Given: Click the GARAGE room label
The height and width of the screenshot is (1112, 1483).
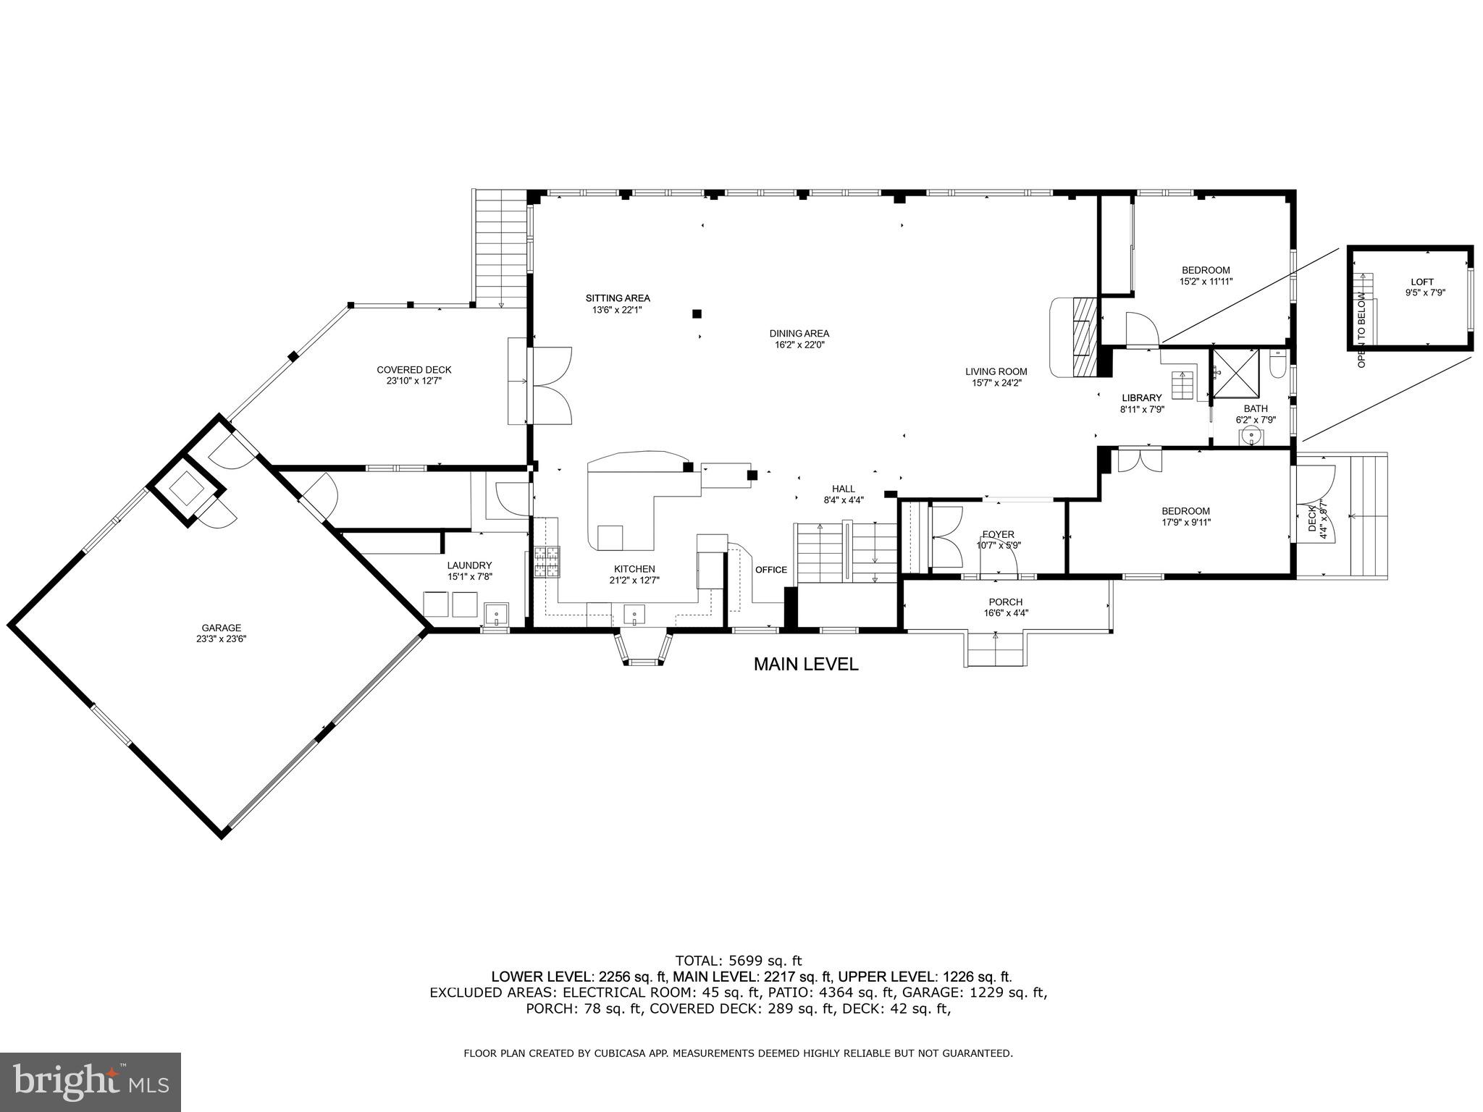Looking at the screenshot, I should click(x=221, y=628).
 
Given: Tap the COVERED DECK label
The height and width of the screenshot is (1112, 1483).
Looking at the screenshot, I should click(x=413, y=370).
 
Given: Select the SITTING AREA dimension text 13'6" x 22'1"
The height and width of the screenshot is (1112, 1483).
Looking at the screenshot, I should click(x=617, y=310).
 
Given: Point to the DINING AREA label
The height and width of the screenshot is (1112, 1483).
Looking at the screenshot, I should click(x=799, y=334).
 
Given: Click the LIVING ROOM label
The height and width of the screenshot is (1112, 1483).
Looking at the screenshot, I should click(x=996, y=372).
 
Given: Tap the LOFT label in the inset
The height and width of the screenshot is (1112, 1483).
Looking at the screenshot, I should click(x=1421, y=282).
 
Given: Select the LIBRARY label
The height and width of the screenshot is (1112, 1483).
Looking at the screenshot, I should click(x=1141, y=397).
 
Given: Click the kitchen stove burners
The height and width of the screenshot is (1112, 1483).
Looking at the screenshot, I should click(x=547, y=561).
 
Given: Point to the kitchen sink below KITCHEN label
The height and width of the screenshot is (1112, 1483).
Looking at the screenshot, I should click(x=634, y=615).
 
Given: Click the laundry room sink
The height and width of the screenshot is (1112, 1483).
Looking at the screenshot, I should click(x=496, y=615).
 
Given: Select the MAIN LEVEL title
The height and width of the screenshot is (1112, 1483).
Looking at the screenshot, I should click(x=805, y=664).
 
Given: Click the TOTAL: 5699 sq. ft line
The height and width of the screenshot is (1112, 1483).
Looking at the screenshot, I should click(x=738, y=961).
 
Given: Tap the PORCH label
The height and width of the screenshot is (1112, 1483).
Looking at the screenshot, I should click(x=1005, y=602).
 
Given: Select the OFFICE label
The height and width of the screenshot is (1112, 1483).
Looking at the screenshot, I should click(x=770, y=570).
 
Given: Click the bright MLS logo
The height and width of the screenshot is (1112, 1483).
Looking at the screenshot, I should click(x=91, y=1082).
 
